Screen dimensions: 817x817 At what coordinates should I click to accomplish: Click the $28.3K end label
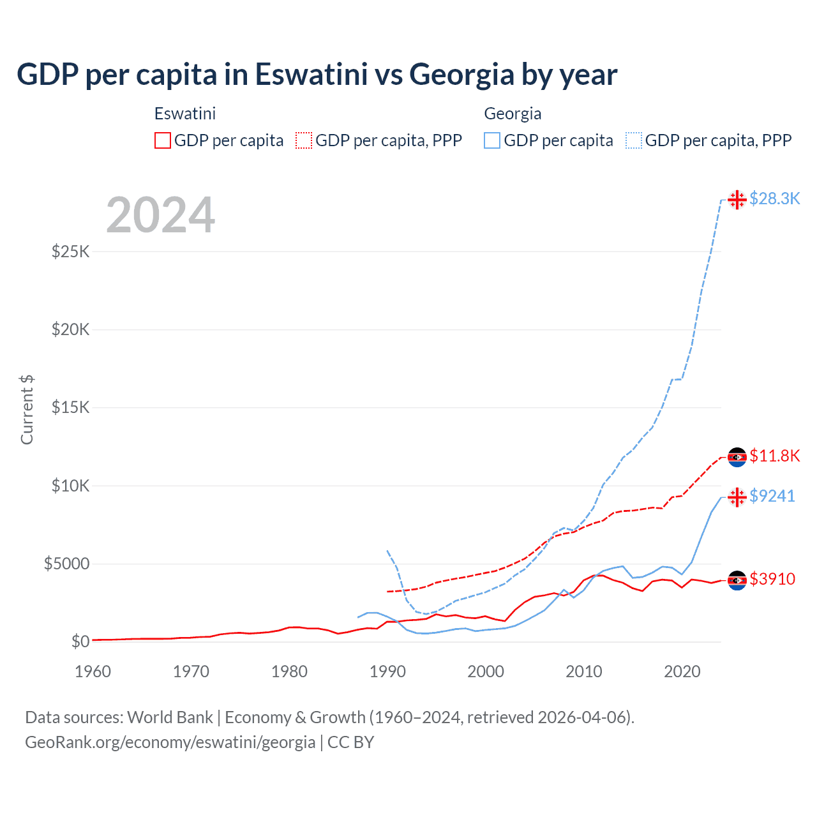pyautogui.click(x=774, y=199)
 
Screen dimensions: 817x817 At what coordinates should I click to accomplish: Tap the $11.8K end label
pyautogui.click(x=774, y=456)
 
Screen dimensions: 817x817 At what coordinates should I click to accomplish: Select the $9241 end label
pyautogui.click(x=772, y=496)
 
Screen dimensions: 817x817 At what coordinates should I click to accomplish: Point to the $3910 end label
pyautogui.click(x=772, y=579)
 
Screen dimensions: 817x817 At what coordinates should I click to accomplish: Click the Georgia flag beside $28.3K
pyautogui.click(x=737, y=200)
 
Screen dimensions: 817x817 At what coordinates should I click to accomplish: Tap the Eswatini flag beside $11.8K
pyautogui.click(x=737, y=457)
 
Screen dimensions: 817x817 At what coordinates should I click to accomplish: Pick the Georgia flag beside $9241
pyautogui.click(x=737, y=497)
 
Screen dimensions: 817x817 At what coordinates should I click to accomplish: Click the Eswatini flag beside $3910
pyautogui.click(x=737, y=580)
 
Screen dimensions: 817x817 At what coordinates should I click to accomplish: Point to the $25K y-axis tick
pyautogui.click(x=71, y=251)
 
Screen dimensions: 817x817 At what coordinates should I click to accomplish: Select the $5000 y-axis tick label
pyautogui.click(x=66, y=564)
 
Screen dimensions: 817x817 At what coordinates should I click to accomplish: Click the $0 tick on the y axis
pyautogui.click(x=80, y=641)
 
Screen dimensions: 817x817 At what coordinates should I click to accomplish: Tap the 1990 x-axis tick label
pyautogui.click(x=387, y=671)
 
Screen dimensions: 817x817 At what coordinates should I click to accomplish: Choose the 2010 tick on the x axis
pyautogui.click(x=584, y=671)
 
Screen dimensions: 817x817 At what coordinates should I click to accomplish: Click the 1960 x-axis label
pyautogui.click(x=93, y=671)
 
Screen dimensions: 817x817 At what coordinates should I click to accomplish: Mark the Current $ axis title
pyautogui.click(x=27, y=409)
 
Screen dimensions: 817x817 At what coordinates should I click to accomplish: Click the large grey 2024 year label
pyautogui.click(x=160, y=215)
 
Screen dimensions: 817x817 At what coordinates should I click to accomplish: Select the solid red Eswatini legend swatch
pyautogui.click(x=163, y=140)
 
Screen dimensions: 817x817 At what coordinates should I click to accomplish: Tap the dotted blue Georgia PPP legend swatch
pyautogui.click(x=634, y=140)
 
